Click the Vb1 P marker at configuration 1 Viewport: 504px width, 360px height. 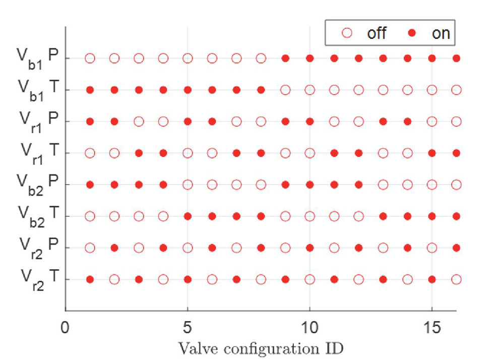[90, 58]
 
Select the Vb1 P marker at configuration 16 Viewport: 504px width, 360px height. [457, 58]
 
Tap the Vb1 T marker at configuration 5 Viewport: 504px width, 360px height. [187, 90]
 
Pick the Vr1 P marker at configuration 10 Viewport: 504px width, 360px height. [310, 122]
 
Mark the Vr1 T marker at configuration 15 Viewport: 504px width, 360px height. [432, 153]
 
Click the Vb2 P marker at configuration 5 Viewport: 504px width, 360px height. [187, 185]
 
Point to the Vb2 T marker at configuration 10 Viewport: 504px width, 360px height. [310, 216]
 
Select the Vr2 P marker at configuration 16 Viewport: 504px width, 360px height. [457, 248]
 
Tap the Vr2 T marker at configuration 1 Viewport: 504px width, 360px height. [90, 279]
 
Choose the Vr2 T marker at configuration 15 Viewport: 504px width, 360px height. [432, 279]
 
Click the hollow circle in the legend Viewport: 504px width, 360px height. [347, 33]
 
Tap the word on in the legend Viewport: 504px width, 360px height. [441, 33]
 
